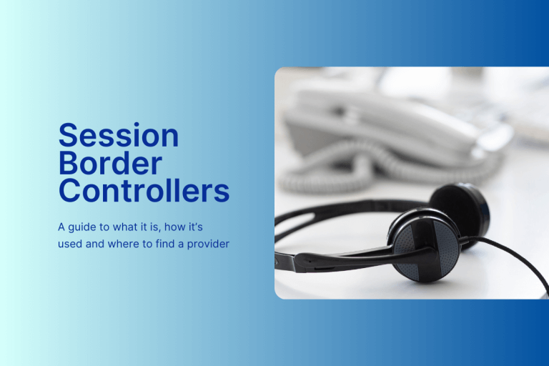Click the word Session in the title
coord(118,136)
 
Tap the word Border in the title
coord(109,164)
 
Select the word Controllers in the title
coord(144,191)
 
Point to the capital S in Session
coord(68,136)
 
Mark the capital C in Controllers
coord(69,191)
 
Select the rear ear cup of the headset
coord(457,207)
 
